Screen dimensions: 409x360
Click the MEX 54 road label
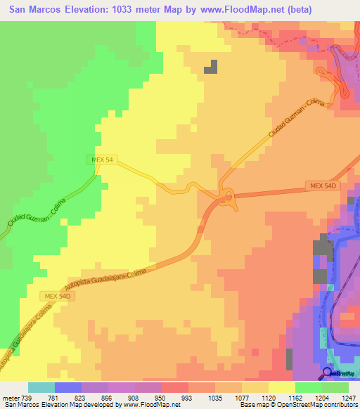pos(103,160)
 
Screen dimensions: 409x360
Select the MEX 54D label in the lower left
pos(56,297)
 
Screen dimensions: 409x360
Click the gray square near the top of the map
pos(211,67)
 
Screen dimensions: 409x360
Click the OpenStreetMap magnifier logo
pos(327,372)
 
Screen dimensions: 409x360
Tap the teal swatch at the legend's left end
pos(41,387)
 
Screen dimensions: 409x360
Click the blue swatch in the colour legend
pos(68,387)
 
